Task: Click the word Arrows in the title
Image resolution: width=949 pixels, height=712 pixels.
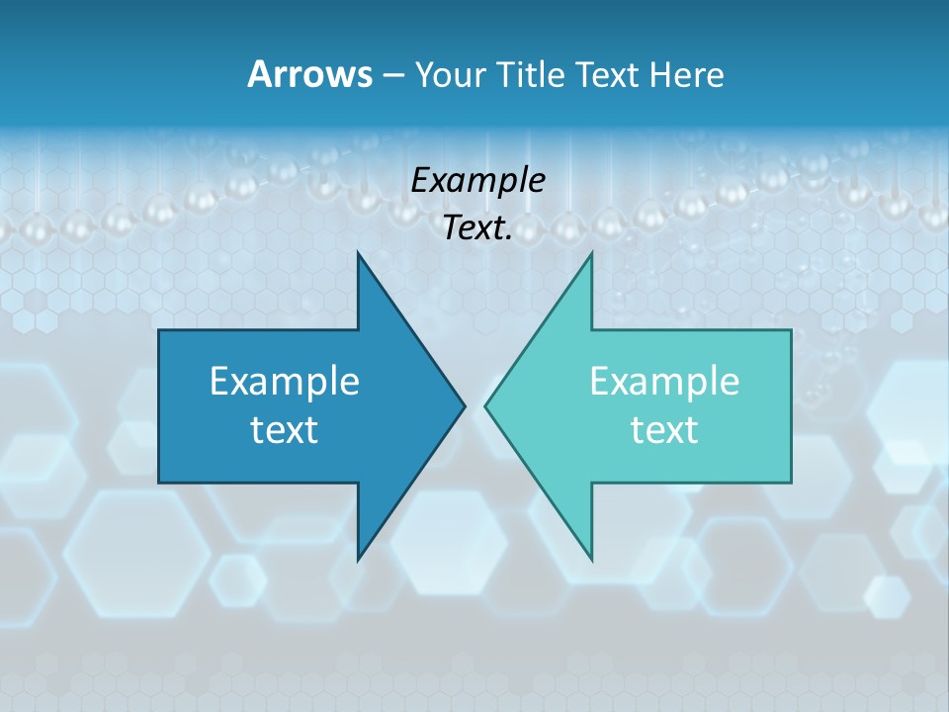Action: point(309,74)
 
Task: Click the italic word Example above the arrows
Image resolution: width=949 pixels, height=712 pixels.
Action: point(478,181)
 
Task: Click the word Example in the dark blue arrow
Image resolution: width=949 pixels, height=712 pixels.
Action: point(285,382)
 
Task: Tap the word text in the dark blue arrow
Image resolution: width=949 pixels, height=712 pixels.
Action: point(285,430)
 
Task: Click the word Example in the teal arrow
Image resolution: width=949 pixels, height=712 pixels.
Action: point(664,382)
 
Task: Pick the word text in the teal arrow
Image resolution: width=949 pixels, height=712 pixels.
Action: point(664,430)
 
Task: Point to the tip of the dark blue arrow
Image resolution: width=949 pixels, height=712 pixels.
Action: point(465,405)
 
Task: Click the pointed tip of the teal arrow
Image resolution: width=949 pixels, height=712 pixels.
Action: point(485,405)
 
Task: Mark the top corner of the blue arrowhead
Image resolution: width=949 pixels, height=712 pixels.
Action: point(358,253)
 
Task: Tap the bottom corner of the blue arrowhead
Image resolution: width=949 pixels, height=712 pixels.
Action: point(358,560)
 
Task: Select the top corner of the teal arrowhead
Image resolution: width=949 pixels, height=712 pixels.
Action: point(591,253)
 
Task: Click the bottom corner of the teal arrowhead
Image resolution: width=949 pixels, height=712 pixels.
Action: point(591,560)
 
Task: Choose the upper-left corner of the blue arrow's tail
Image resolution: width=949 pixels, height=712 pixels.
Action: point(159,330)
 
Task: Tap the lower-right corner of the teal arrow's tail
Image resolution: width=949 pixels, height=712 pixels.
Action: point(791,483)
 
